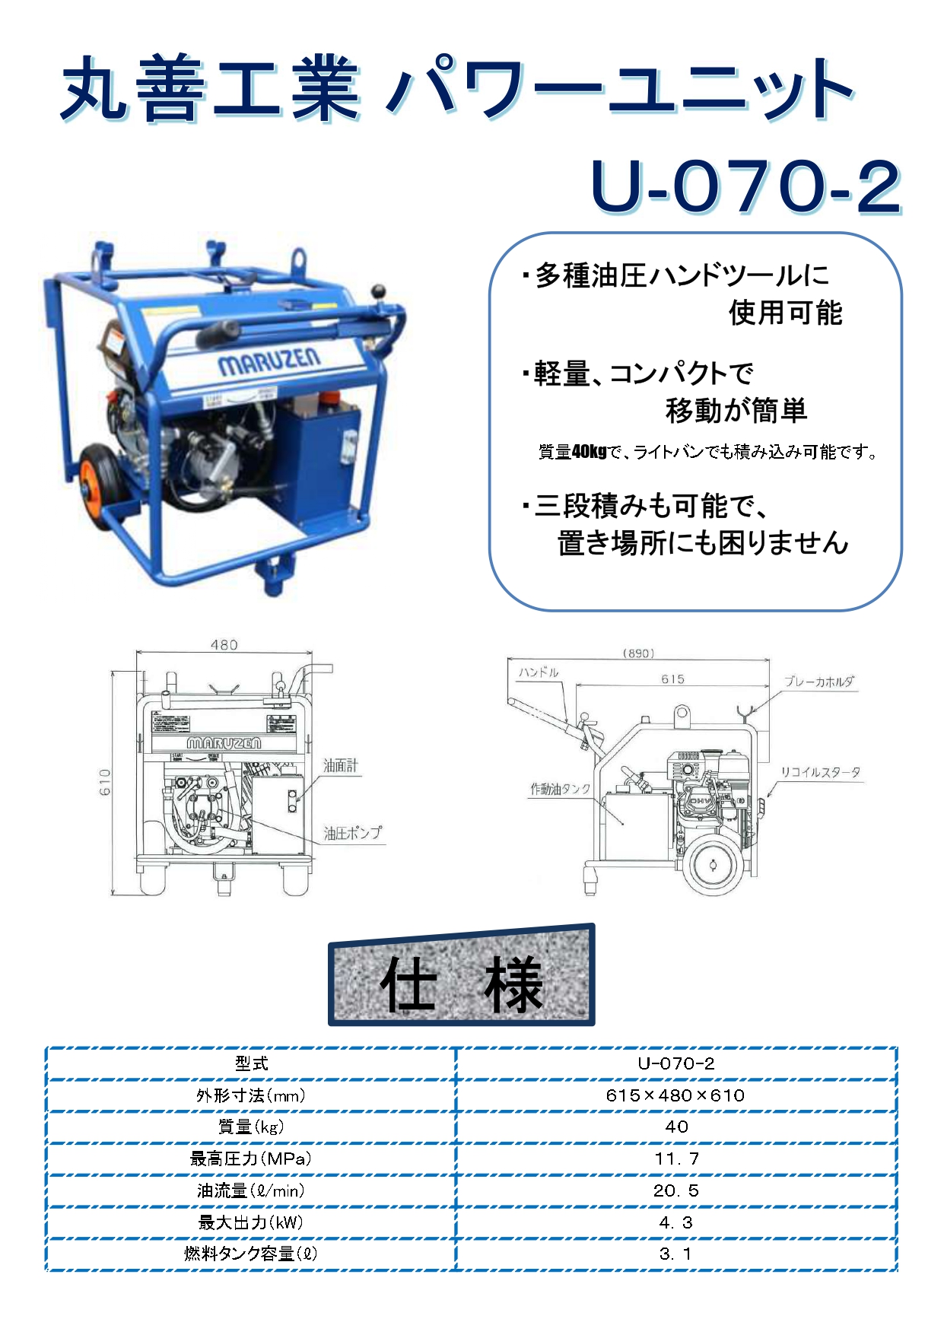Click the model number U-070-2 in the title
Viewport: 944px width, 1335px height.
pos(745,186)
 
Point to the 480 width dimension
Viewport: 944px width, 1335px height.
pos(224,645)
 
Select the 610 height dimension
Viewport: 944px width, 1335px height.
pos(105,782)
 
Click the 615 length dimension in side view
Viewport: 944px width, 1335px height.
pos(672,679)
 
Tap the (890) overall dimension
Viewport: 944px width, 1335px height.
pos(638,653)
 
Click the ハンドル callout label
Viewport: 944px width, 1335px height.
pos(538,672)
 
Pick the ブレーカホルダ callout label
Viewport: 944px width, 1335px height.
pos(819,682)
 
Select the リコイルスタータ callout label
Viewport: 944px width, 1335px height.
pos(821,772)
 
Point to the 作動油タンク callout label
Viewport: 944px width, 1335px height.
pos(561,789)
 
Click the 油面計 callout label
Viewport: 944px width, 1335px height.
pos(340,765)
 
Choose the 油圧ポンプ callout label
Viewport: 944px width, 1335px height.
pos(352,833)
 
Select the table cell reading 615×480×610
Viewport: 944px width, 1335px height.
pos(675,1095)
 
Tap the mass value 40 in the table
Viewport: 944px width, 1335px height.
pos(676,1127)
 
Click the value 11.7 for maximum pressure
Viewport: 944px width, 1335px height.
pos(676,1159)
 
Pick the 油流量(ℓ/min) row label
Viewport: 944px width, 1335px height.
pos(250,1190)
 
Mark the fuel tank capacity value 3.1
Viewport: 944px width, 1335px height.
pos(675,1254)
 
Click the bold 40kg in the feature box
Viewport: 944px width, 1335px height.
pos(589,452)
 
